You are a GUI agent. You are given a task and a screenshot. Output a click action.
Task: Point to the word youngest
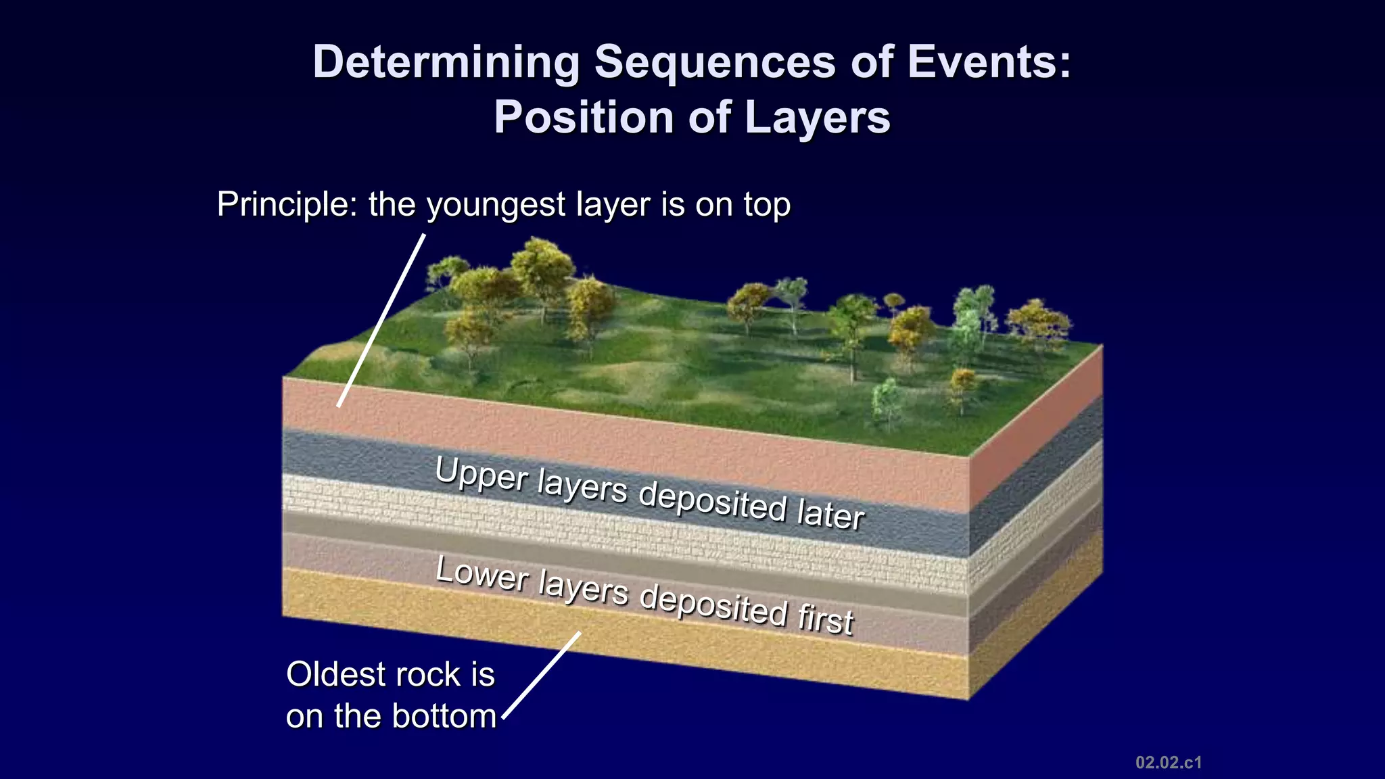[x=498, y=206]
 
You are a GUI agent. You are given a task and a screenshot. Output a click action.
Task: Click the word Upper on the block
[x=481, y=474]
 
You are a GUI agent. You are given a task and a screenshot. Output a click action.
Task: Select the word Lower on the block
[x=482, y=574]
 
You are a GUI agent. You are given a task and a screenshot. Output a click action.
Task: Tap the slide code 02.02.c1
[x=1168, y=763]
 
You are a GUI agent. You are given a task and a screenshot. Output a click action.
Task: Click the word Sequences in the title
[x=715, y=62]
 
